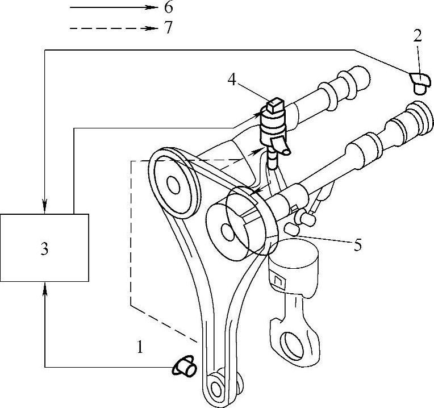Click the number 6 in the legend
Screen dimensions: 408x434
tap(168, 9)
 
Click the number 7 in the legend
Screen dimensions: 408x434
tap(168, 28)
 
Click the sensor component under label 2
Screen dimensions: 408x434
tap(420, 82)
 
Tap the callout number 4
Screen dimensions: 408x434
tap(232, 79)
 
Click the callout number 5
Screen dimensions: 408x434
tap(357, 245)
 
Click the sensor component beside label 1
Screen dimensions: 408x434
tap(185, 368)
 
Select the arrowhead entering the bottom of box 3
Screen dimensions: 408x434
tap(45, 286)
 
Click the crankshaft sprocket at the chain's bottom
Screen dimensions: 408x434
tap(216, 388)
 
